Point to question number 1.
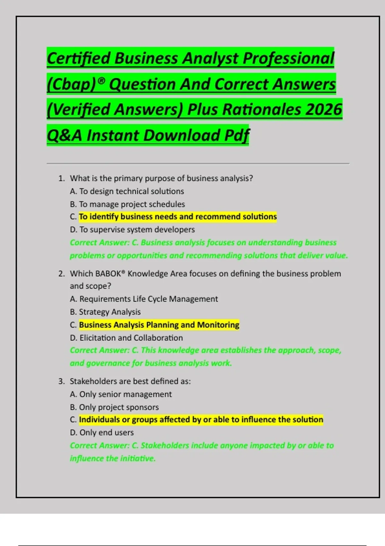pyautogui.click(x=62, y=178)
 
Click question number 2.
pyautogui.click(x=62, y=274)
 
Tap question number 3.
pyautogui.click(x=62, y=381)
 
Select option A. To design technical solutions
pyautogui.click(x=127, y=191)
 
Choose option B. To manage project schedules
pyautogui.click(x=127, y=204)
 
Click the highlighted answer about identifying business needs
pyautogui.click(x=178, y=217)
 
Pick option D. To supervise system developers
pyautogui.click(x=132, y=230)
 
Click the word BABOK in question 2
pyautogui.click(x=108, y=274)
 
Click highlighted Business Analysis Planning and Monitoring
pyautogui.click(x=159, y=325)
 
